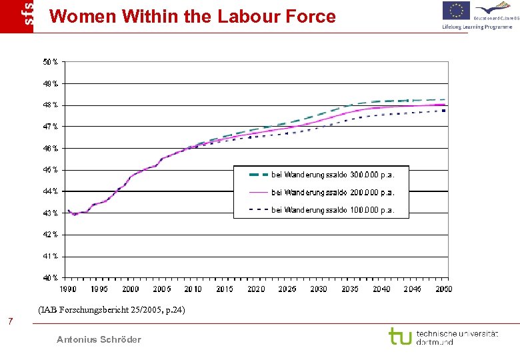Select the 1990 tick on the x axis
click(68, 289)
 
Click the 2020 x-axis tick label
click(256, 289)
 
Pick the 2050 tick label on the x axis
click(444, 289)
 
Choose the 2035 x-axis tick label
click(350, 289)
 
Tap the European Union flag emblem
click(457, 11)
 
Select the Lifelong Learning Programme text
click(477, 27)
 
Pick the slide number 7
click(10, 323)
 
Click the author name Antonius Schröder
click(99, 339)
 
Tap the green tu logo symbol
click(400, 336)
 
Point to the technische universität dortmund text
click(457, 337)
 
